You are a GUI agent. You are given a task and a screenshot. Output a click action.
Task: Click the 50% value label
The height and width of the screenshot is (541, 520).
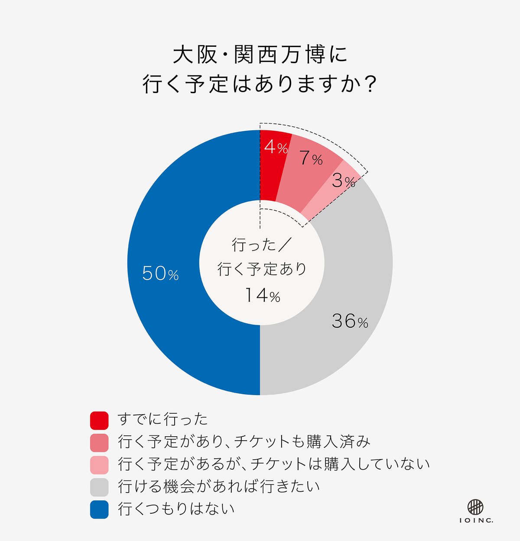[x=160, y=274]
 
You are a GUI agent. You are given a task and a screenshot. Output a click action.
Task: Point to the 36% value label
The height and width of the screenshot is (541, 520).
[x=350, y=321]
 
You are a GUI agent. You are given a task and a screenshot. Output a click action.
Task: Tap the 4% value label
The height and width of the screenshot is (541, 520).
[x=276, y=148]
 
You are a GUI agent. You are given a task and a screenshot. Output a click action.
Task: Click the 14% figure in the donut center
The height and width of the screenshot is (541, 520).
[x=263, y=296]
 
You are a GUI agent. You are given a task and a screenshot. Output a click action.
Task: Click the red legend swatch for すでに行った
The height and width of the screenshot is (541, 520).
[x=99, y=420]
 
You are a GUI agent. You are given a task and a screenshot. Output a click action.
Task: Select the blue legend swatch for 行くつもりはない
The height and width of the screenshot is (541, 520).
[x=99, y=509]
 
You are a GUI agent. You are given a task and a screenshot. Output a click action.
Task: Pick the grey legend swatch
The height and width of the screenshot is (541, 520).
[x=99, y=487]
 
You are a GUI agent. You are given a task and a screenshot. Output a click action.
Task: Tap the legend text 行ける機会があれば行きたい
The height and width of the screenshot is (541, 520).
[x=219, y=486]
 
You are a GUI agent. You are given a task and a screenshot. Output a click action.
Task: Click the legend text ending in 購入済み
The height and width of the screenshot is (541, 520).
[x=244, y=442]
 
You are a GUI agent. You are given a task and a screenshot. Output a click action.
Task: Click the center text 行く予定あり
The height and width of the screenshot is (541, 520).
[x=262, y=269]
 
